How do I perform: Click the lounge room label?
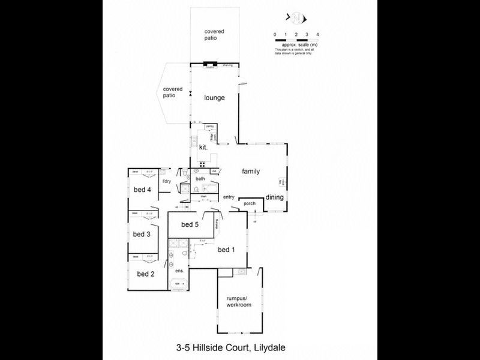(214, 98)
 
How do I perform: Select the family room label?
(251, 172)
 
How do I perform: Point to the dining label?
(275, 197)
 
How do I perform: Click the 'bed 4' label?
(142, 191)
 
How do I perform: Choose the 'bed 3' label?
(142, 234)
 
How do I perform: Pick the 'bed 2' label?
(146, 274)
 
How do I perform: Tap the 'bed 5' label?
(190, 225)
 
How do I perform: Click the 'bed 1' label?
(226, 250)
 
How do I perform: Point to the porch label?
(250, 203)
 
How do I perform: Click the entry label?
(229, 197)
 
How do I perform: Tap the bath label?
(200, 178)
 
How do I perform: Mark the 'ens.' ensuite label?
(178, 271)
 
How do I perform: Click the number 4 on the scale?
(317, 35)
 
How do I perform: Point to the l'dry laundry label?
(167, 181)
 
